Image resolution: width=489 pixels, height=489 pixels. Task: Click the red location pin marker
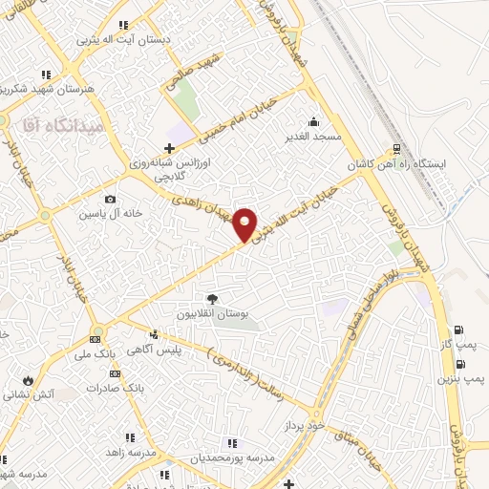[245, 223]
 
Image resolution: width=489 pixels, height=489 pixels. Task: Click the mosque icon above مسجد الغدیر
[314, 121]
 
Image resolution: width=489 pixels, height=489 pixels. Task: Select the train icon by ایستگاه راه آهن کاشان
[396, 150]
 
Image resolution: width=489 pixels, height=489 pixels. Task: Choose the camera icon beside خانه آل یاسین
[111, 199]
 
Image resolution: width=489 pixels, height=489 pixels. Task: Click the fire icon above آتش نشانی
[29, 379]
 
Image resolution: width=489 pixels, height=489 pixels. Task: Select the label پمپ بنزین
[462, 379]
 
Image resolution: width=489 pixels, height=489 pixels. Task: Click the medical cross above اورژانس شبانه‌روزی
[170, 148]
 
